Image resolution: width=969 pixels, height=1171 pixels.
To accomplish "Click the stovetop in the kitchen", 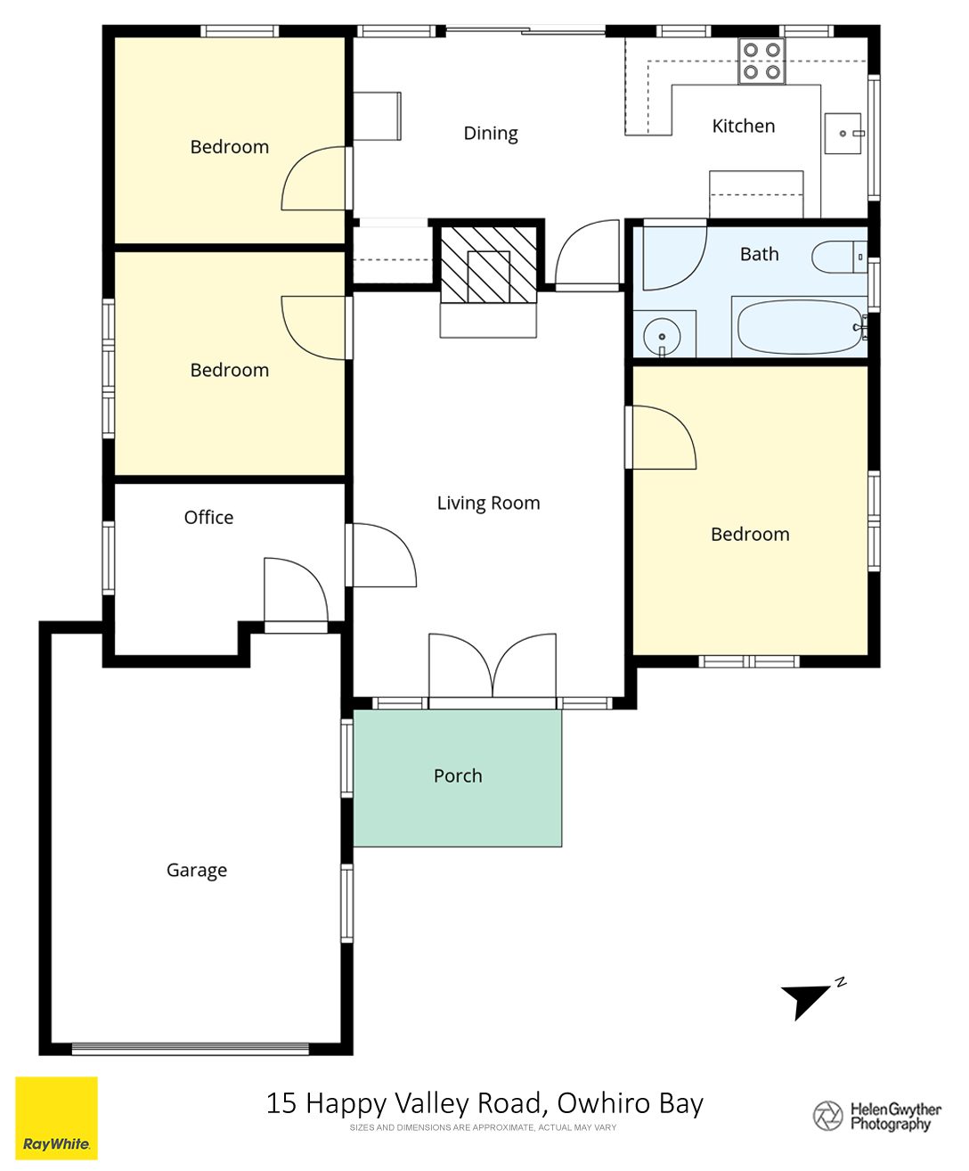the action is coord(761,61).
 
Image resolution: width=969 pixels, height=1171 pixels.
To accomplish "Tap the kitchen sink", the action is coord(843,134).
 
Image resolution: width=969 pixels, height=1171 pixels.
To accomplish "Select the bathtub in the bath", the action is coord(801,326).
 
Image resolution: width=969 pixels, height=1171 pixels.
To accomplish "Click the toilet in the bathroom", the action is coord(839,258).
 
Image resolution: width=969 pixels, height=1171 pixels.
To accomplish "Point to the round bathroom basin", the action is coord(662,337).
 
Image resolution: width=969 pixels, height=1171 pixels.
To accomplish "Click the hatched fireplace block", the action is coord(488,264).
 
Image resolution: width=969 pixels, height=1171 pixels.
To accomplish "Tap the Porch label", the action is coord(458,775).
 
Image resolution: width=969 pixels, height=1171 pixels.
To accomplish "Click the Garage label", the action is coord(197,870).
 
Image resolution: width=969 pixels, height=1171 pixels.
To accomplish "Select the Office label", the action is coord(208,517).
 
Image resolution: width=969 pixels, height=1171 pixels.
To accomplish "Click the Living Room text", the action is coord(488,503).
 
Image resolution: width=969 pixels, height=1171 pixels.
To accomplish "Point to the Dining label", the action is coord(491,134).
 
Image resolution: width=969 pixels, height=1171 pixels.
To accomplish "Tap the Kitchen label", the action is coord(743,126).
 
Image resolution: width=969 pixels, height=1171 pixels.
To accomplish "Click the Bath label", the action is coord(760,254).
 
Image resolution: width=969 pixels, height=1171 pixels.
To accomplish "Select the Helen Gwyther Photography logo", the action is coord(877,1116).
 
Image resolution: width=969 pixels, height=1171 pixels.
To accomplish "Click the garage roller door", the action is coord(191,1048).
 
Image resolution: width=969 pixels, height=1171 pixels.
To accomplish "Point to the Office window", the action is coord(108,558).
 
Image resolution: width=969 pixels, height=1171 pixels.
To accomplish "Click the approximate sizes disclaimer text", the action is coord(483,1127).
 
